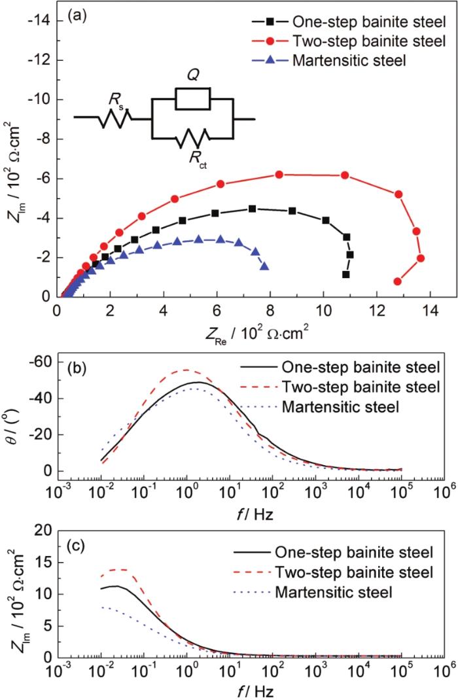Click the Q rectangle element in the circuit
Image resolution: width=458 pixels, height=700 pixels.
(192, 99)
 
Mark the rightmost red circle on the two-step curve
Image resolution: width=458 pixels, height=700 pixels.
(420, 258)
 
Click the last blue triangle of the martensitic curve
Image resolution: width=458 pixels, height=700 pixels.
(264, 266)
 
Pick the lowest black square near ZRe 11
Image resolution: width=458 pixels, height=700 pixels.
(346, 275)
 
